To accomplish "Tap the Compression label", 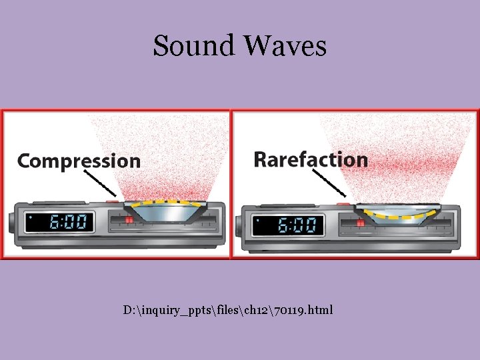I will coord(79,161).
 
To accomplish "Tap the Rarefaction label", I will coord(311,160).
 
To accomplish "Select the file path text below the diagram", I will coord(227,311).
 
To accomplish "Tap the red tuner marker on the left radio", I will coord(129,219).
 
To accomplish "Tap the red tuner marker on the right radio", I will coord(360,223).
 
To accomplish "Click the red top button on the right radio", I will coord(343,202).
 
